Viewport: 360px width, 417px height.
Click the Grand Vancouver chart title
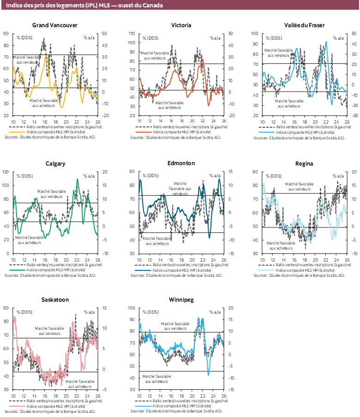(55, 25)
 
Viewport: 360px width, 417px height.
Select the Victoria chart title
(181, 25)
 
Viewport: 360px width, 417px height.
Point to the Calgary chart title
(55, 164)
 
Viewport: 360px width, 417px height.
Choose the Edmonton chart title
(181, 163)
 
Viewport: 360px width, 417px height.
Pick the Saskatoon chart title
(55, 299)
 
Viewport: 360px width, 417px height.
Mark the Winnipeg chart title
(181, 299)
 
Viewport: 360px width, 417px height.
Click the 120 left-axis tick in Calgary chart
(6, 172)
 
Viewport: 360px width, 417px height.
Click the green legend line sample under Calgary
(19, 270)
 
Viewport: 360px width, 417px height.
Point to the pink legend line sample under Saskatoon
(19, 406)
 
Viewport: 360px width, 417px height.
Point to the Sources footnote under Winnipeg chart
(176, 411)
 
